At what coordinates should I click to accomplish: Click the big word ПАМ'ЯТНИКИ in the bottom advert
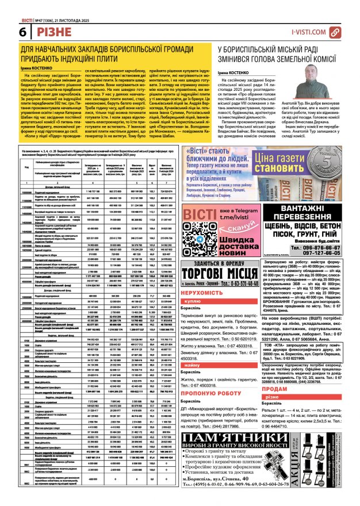pos(231,460)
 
